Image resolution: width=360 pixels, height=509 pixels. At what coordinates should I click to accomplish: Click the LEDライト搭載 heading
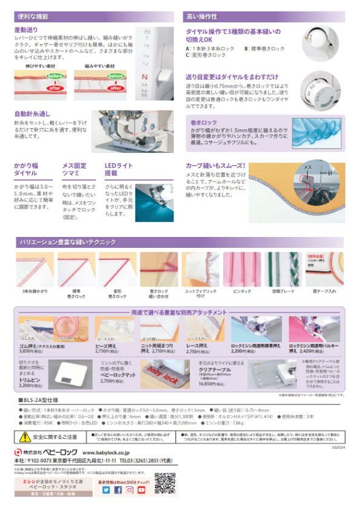point(117,169)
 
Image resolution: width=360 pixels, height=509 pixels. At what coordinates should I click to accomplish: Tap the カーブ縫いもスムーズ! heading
point(215,165)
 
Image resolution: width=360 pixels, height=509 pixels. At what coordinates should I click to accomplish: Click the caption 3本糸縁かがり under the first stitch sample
point(32,292)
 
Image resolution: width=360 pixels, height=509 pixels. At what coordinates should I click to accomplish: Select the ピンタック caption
point(241,292)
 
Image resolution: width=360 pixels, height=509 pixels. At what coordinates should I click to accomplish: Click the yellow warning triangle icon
point(25,436)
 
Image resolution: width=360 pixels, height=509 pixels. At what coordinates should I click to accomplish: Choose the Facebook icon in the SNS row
point(118,490)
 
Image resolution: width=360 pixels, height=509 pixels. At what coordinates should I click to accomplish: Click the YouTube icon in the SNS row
point(141,490)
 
